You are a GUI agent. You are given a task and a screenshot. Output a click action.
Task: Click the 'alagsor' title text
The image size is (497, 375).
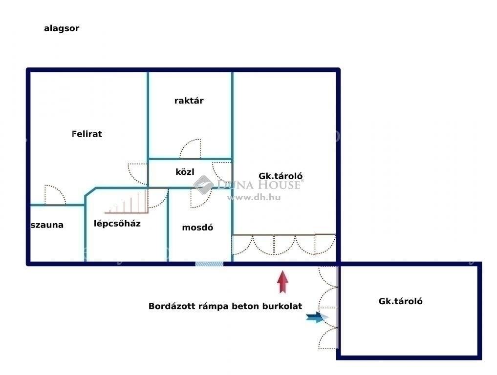[x=62, y=28]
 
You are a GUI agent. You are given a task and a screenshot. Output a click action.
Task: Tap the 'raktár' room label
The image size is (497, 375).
[x=189, y=101]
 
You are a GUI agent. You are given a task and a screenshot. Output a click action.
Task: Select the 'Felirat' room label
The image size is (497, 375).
[x=87, y=134]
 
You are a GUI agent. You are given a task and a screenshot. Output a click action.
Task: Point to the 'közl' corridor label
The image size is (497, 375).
[x=185, y=172]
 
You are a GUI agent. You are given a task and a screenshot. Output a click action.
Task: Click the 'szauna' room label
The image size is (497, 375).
[x=47, y=225]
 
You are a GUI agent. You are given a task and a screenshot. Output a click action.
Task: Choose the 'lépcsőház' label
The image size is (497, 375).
[x=117, y=224]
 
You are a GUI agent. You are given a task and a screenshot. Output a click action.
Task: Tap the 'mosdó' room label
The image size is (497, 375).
[x=197, y=228]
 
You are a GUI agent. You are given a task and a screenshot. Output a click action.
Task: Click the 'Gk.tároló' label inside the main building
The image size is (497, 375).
[x=281, y=176]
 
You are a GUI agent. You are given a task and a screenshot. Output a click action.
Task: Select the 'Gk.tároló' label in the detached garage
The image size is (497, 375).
[x=400, y=301]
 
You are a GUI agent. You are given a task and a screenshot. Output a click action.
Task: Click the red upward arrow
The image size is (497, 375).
[x=283, y=282]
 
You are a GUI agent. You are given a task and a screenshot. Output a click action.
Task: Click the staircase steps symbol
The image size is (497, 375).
[x=127, y=202]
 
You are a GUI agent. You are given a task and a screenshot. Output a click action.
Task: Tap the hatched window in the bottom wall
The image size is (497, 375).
[x=209, y=264]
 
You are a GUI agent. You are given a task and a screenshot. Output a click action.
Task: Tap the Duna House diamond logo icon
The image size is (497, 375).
[x=203, y=185]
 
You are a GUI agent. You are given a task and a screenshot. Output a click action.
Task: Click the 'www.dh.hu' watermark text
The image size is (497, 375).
[x=254, y=197]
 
